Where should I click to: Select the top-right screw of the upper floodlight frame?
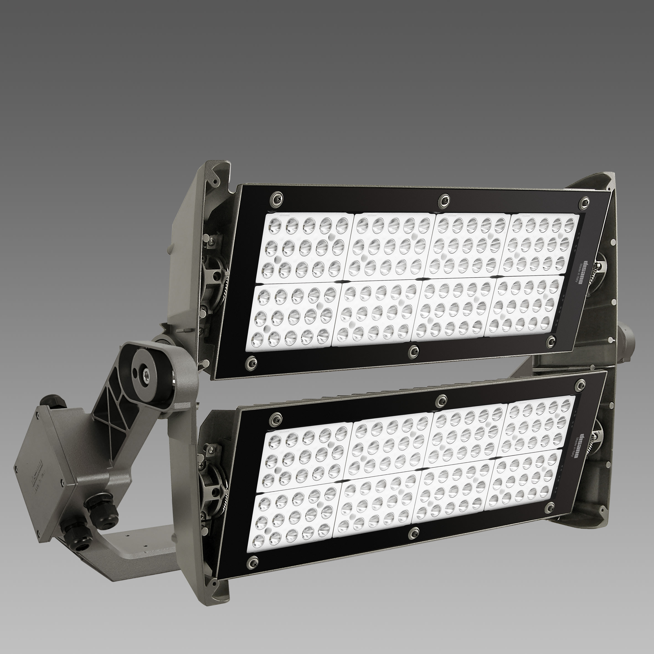click(x=584, y=202)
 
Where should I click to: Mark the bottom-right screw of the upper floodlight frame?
click(x=552, y=339)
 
